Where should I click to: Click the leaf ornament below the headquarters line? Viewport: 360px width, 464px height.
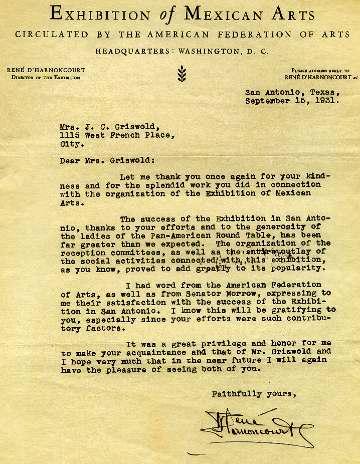182,74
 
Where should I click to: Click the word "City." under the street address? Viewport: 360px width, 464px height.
72,143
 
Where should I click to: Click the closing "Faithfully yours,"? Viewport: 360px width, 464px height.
254,394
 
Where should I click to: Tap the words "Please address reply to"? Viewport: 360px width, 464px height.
320,71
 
